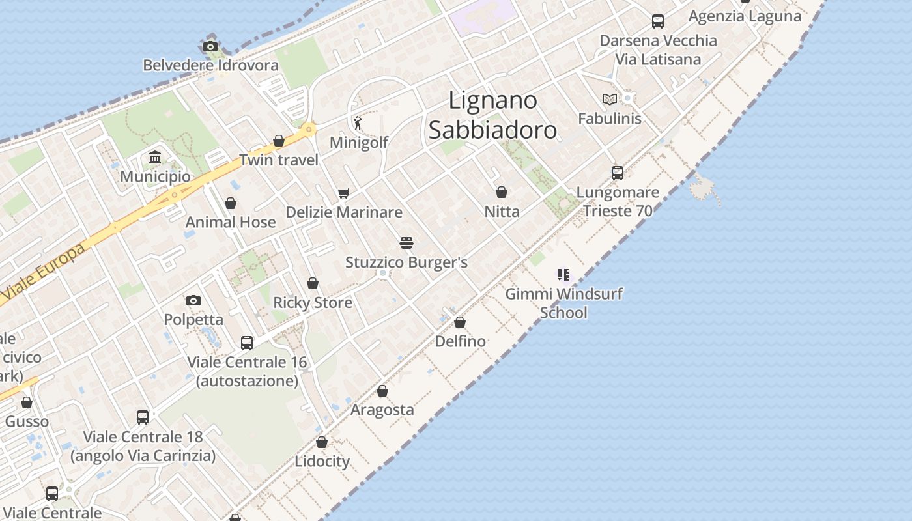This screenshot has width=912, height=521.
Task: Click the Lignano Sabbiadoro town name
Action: (492, 115)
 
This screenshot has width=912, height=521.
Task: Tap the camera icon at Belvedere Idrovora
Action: (210, 46)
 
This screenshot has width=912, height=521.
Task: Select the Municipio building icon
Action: (155, 158)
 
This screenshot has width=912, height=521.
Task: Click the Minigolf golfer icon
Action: (358, 122)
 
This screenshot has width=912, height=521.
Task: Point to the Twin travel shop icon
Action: (279, 141)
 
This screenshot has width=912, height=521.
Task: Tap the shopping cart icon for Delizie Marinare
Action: (343, 193)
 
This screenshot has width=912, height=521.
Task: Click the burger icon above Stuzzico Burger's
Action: (406, 244)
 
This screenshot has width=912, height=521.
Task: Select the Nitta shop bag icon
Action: (502, 192)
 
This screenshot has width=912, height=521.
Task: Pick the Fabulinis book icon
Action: (610, 99)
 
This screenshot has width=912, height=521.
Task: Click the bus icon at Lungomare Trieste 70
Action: (618, 173)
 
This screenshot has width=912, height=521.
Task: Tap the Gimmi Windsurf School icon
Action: (563, 274)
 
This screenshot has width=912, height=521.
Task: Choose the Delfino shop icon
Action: (460, 322)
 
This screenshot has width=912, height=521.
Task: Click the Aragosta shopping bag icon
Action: (382, 391)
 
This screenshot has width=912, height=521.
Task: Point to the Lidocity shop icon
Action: (322, 442)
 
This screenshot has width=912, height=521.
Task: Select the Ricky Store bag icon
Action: (313, 283)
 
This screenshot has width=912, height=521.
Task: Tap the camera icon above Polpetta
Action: (193, 300)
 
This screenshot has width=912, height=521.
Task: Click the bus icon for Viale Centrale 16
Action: (247, 343)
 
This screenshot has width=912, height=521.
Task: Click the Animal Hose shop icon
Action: (231, 203)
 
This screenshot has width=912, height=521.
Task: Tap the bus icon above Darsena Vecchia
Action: (658, 21)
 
